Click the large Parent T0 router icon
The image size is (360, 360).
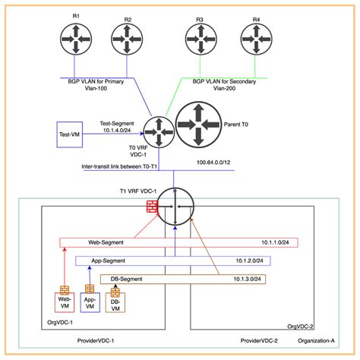(199, 125)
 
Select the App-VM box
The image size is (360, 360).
(90, 301)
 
